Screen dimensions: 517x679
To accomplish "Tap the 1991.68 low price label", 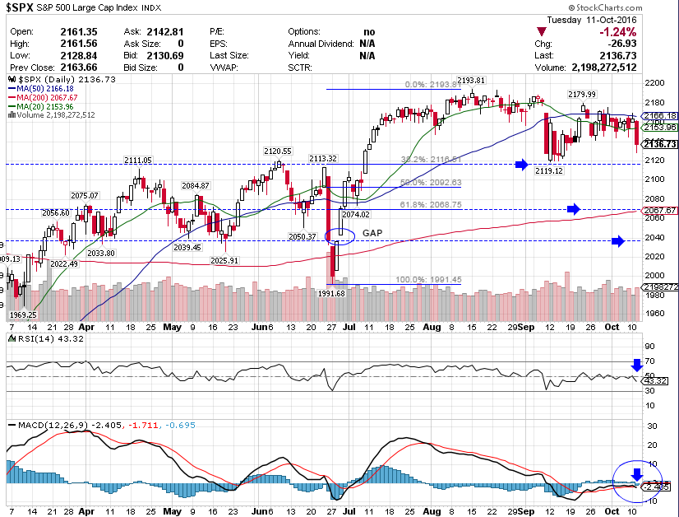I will [x=333, y=293].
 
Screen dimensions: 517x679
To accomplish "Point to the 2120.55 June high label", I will [x=277, y=151].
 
